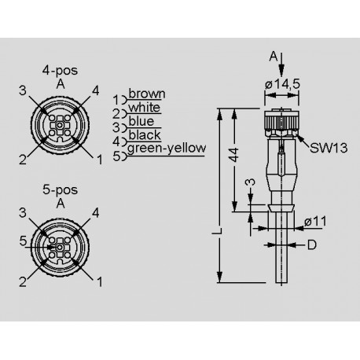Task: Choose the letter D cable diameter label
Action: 313,246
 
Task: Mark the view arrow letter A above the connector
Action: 273,56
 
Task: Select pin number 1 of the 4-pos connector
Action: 99,160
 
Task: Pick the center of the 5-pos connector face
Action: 58,246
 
